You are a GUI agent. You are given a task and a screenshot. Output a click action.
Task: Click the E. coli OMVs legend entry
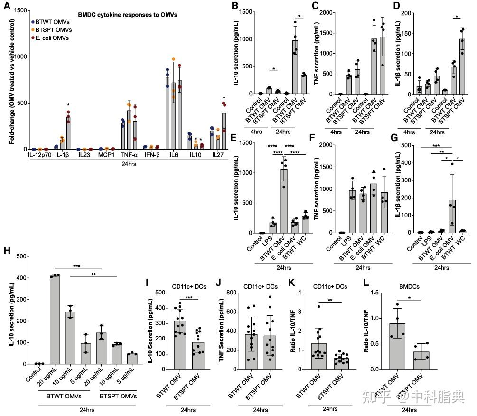coord(53,38)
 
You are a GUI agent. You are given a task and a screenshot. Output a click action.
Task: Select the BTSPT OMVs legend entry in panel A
coord(54,29)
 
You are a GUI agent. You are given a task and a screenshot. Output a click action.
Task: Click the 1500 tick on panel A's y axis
coord(21,10)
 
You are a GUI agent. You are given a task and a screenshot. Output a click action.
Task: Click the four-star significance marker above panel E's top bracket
coord(272,146)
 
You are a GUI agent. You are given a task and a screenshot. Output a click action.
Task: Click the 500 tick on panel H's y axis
coord(21,256)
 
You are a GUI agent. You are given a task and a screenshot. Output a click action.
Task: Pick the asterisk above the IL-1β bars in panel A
coord(68,105)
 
